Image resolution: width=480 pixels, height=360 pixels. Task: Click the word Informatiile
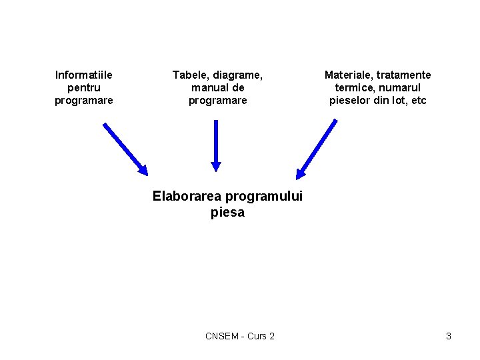83,75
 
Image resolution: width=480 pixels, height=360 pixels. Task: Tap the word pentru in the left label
83,87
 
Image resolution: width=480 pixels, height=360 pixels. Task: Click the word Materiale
349,75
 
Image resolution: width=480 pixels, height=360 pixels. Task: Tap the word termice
353,87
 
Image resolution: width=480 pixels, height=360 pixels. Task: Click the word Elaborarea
187,196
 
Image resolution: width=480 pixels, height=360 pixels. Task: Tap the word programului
264,197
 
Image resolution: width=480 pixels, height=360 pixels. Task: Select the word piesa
227,213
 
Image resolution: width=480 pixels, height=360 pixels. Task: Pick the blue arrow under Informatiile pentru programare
125,149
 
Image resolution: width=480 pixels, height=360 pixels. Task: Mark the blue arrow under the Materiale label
317,149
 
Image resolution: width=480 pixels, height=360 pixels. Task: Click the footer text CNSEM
221,336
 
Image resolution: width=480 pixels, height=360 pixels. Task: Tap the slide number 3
449,336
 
